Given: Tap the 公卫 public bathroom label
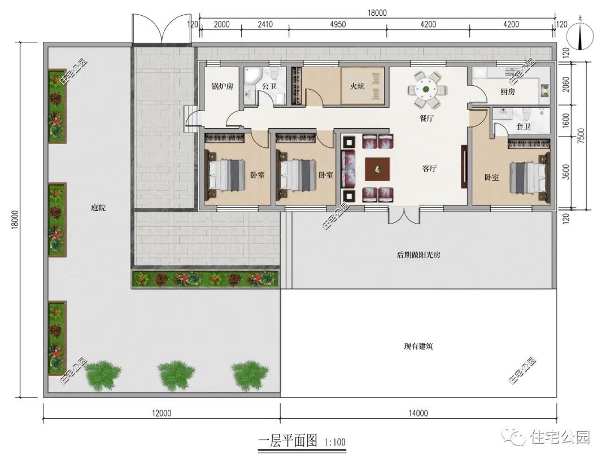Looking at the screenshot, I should [x=268, y=87].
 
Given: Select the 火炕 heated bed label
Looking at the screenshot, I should [x=357, y=86].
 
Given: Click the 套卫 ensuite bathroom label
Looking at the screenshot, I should [x=523, y=127].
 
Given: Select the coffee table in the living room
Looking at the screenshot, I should [x=377, y=168].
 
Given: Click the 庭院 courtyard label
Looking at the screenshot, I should [x=98, y=208].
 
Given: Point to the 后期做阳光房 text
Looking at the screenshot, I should [x=419, y=255].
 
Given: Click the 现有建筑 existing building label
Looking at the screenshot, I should [x=419, y=346].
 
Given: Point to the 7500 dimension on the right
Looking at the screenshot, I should [x=588, y=135].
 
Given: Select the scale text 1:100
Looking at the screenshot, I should [x=335, y=441].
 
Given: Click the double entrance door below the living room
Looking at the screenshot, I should [x=404, y=216].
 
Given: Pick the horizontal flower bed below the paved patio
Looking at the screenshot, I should [x=206, y=279].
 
